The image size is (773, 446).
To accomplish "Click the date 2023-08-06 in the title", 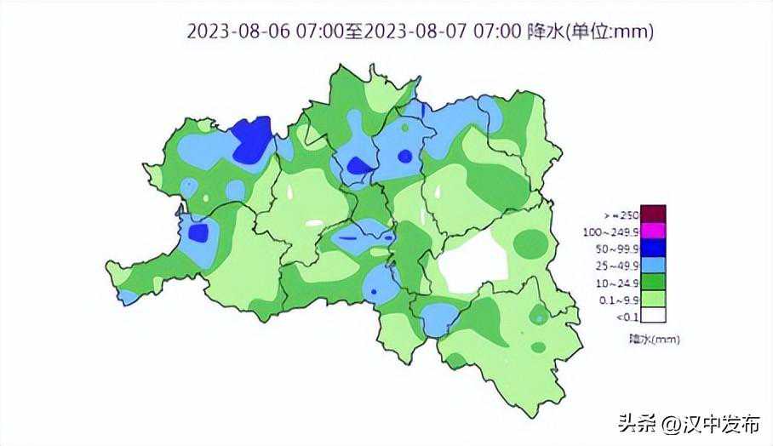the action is click(239, 31).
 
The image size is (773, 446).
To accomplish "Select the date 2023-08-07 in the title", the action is click(416, 31).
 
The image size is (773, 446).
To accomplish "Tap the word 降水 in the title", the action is click(545, 31).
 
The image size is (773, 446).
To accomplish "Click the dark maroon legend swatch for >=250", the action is click(652, 214).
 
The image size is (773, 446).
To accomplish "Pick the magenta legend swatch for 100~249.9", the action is click(652, 230).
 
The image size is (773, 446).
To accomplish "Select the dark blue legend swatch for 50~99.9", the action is click(652, 247).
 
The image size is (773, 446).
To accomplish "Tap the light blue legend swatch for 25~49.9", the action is click(652, 264).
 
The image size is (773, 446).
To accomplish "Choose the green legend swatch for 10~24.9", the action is click(652, 281).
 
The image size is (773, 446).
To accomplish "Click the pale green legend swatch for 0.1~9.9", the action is click(652, 298).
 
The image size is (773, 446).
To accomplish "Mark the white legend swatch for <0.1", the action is click(652, 315).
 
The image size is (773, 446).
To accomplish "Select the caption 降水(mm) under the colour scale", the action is click(654, 339).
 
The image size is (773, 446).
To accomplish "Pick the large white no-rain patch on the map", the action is click(473, 261).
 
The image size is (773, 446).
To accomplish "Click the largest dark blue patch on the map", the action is click(252, 140).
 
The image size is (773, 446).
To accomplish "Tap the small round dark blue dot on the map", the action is click(404, 156).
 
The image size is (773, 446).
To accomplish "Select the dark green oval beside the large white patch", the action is click(530, 243).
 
